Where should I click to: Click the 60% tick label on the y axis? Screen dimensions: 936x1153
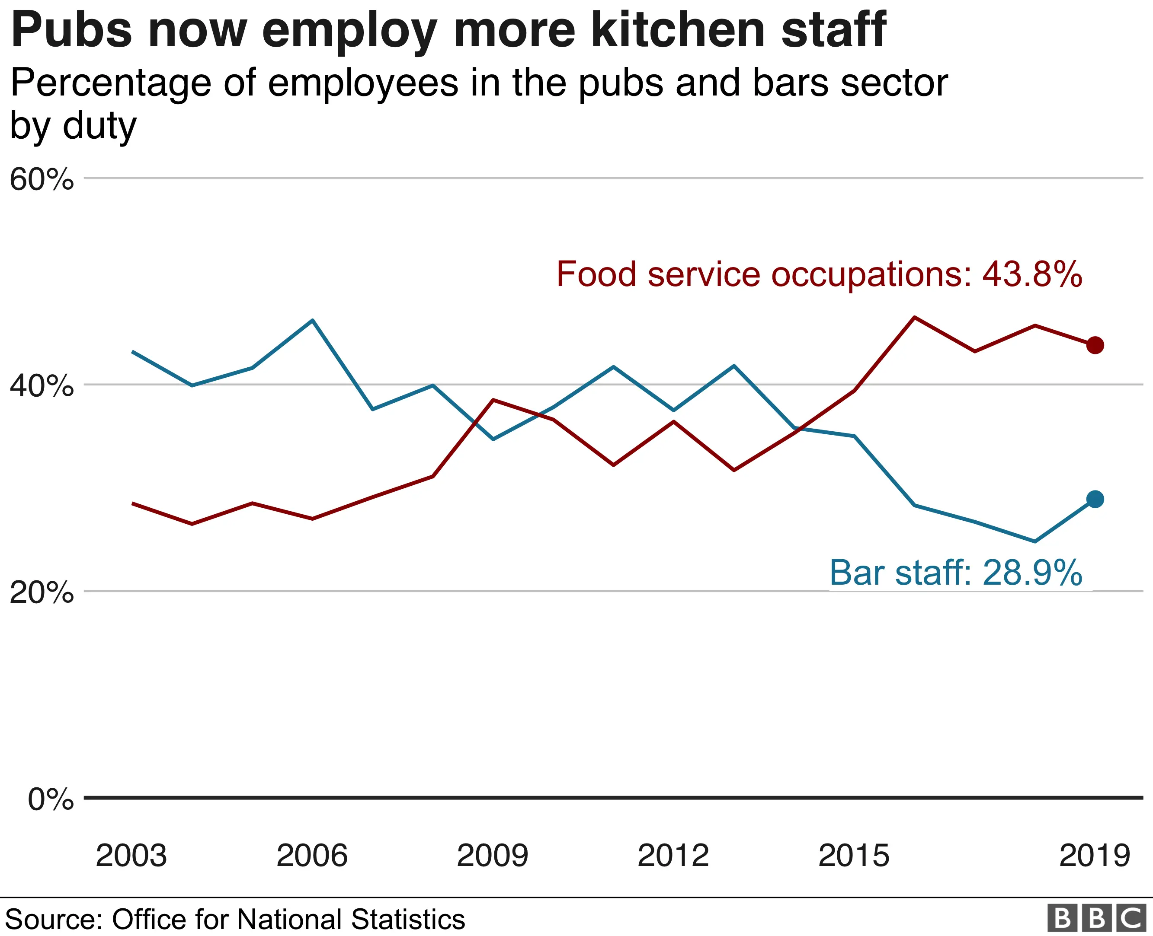pyautogui.click(x=42, y=179)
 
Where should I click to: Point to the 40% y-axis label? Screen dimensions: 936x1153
pyautogui.click(x=42, y=386)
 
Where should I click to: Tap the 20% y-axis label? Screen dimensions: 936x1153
pyautogui.click(x=42, y=592)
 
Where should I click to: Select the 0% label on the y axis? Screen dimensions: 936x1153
pyautogui.click(x=50, y=799)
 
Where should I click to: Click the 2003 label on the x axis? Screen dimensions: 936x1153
pyautogui.click(x=131, y=856)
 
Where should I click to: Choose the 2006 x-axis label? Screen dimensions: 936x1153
pyautogui.click(x=312, y=856)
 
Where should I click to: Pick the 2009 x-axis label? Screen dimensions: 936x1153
pyautogui.click(x=492, y=856)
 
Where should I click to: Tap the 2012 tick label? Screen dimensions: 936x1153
pyautogui.click(x=673, y=856)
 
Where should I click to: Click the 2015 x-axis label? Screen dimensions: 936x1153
pyautogui.click(x=854, y=856)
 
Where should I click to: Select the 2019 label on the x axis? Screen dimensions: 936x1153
pyautogui.click(x=1094, y=856)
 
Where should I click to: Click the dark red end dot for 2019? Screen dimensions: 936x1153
pyautogui.click(x=1095, y=345)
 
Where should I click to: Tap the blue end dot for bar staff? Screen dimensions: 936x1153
pyautogui.click(x=1095, y=499)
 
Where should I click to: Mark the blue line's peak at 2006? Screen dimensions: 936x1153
pyautogui.click(x=313, y=320)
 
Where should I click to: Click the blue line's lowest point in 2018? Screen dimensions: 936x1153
pyautogui.click(x=1034, y=541)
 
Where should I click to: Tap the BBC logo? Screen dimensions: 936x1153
pyautogui.click(x=1096, y=918)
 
